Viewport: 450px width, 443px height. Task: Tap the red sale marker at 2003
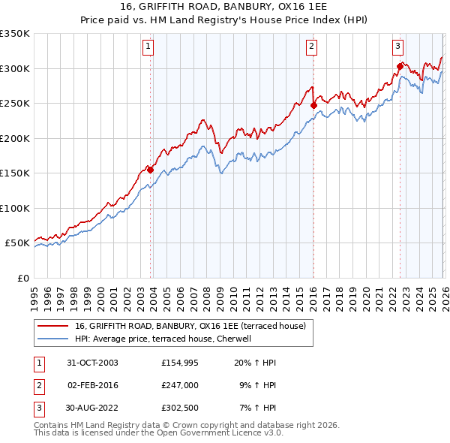[151, 170]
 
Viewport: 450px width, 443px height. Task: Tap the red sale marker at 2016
[313, 106]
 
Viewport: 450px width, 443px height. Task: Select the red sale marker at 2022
[400, 67]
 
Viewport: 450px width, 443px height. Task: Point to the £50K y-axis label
[16, 243]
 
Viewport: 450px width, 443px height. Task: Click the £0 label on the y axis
[22, 278]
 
